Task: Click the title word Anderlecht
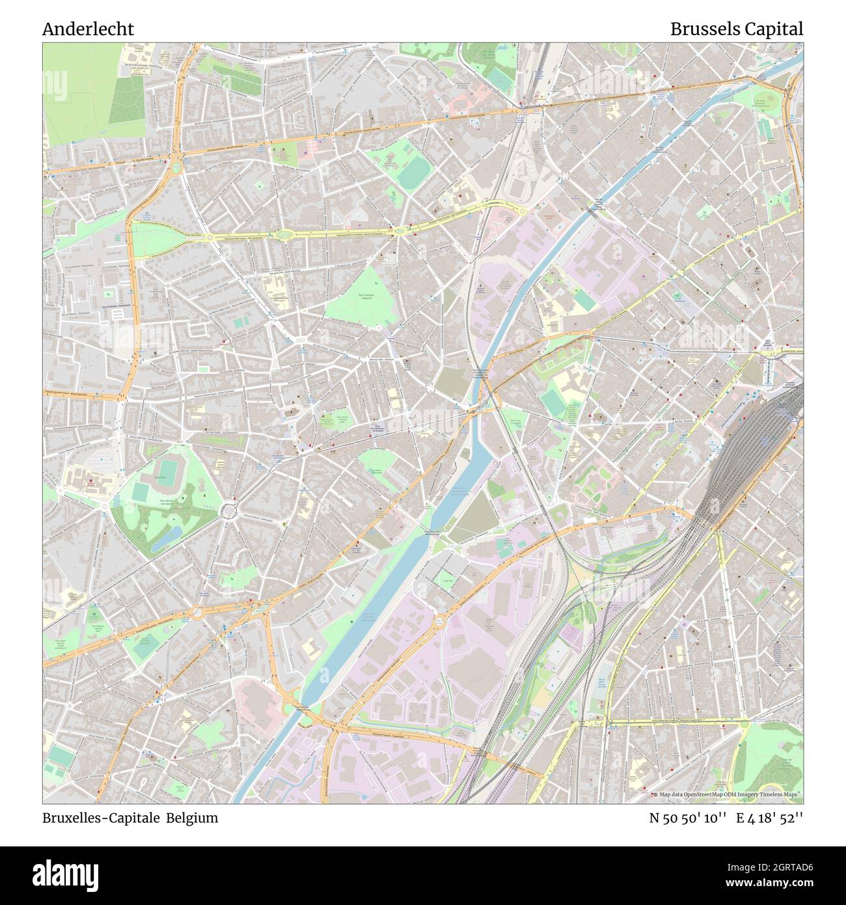pyautogui.click(x=88, y=29)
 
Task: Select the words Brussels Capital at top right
pyautogui.click(x=736, y=29)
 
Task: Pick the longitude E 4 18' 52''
pyautogui.click(x=769, y=818)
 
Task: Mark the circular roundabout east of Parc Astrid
pyautogui.click(x=229, y=511)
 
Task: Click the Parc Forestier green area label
pyautogui.click(x=369, y=299)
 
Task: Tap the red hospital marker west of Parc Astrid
pyautogui.click(x=90, y=482)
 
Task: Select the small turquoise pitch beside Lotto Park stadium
pyautogui.click(x=141, y=494)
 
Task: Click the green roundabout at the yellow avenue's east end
pyautogui.click(x=523, y=210)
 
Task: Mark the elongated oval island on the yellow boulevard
pyautogui.click(x=284, y=235)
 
